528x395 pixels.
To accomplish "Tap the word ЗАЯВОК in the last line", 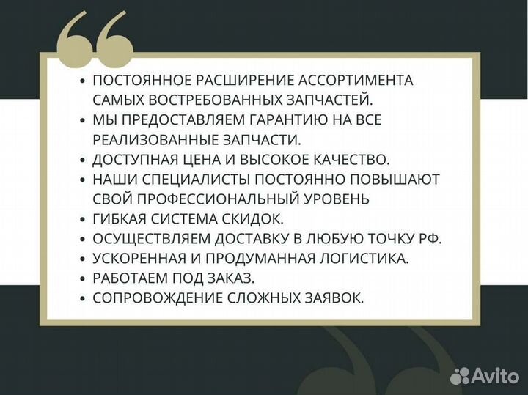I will [333, 298].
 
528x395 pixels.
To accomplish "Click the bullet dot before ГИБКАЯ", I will [83, 219].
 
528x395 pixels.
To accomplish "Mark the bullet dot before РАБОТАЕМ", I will [83, 278].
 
